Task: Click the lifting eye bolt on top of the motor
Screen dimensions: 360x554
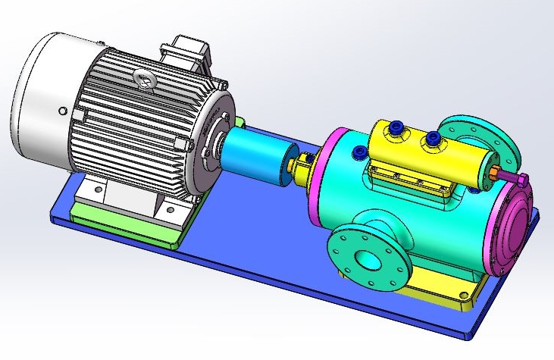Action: click(x=141, y=77)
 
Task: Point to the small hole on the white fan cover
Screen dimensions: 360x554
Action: click(x=61, y=111)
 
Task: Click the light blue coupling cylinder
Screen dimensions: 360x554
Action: click(x=254, y=155)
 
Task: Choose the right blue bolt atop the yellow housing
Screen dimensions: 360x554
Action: click(x=433, y=139)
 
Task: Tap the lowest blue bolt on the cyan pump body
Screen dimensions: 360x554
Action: click(x=358, y=154)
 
